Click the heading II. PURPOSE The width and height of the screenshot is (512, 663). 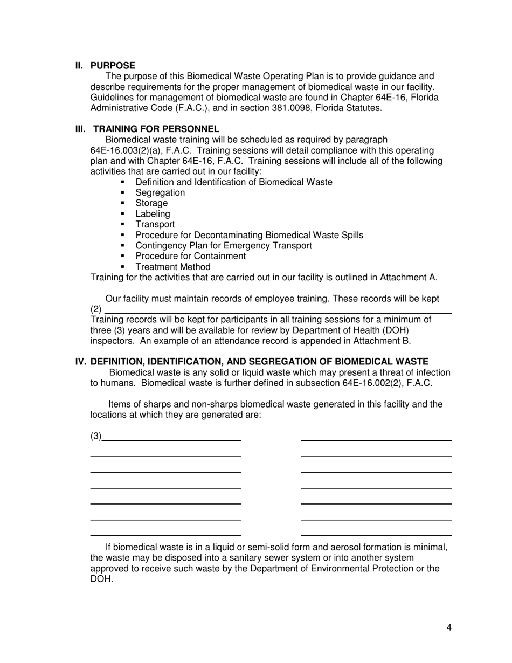105,66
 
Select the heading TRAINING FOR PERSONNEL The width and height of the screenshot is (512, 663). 156,129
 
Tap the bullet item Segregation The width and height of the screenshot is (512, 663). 160,192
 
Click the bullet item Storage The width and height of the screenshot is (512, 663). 151,203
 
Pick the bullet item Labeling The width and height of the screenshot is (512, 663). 153,214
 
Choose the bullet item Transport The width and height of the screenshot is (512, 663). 155,224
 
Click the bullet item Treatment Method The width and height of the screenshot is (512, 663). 173,267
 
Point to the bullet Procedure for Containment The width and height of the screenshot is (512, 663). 190,256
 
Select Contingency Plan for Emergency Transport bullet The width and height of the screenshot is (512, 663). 223,246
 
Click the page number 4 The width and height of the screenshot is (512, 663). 449,627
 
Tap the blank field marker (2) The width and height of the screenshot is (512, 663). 96,309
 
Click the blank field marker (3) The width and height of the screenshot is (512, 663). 96,436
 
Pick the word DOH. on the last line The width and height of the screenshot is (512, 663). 102,579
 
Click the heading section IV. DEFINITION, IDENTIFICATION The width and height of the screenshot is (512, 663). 251,362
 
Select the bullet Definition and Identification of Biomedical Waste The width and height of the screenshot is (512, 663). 233,182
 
